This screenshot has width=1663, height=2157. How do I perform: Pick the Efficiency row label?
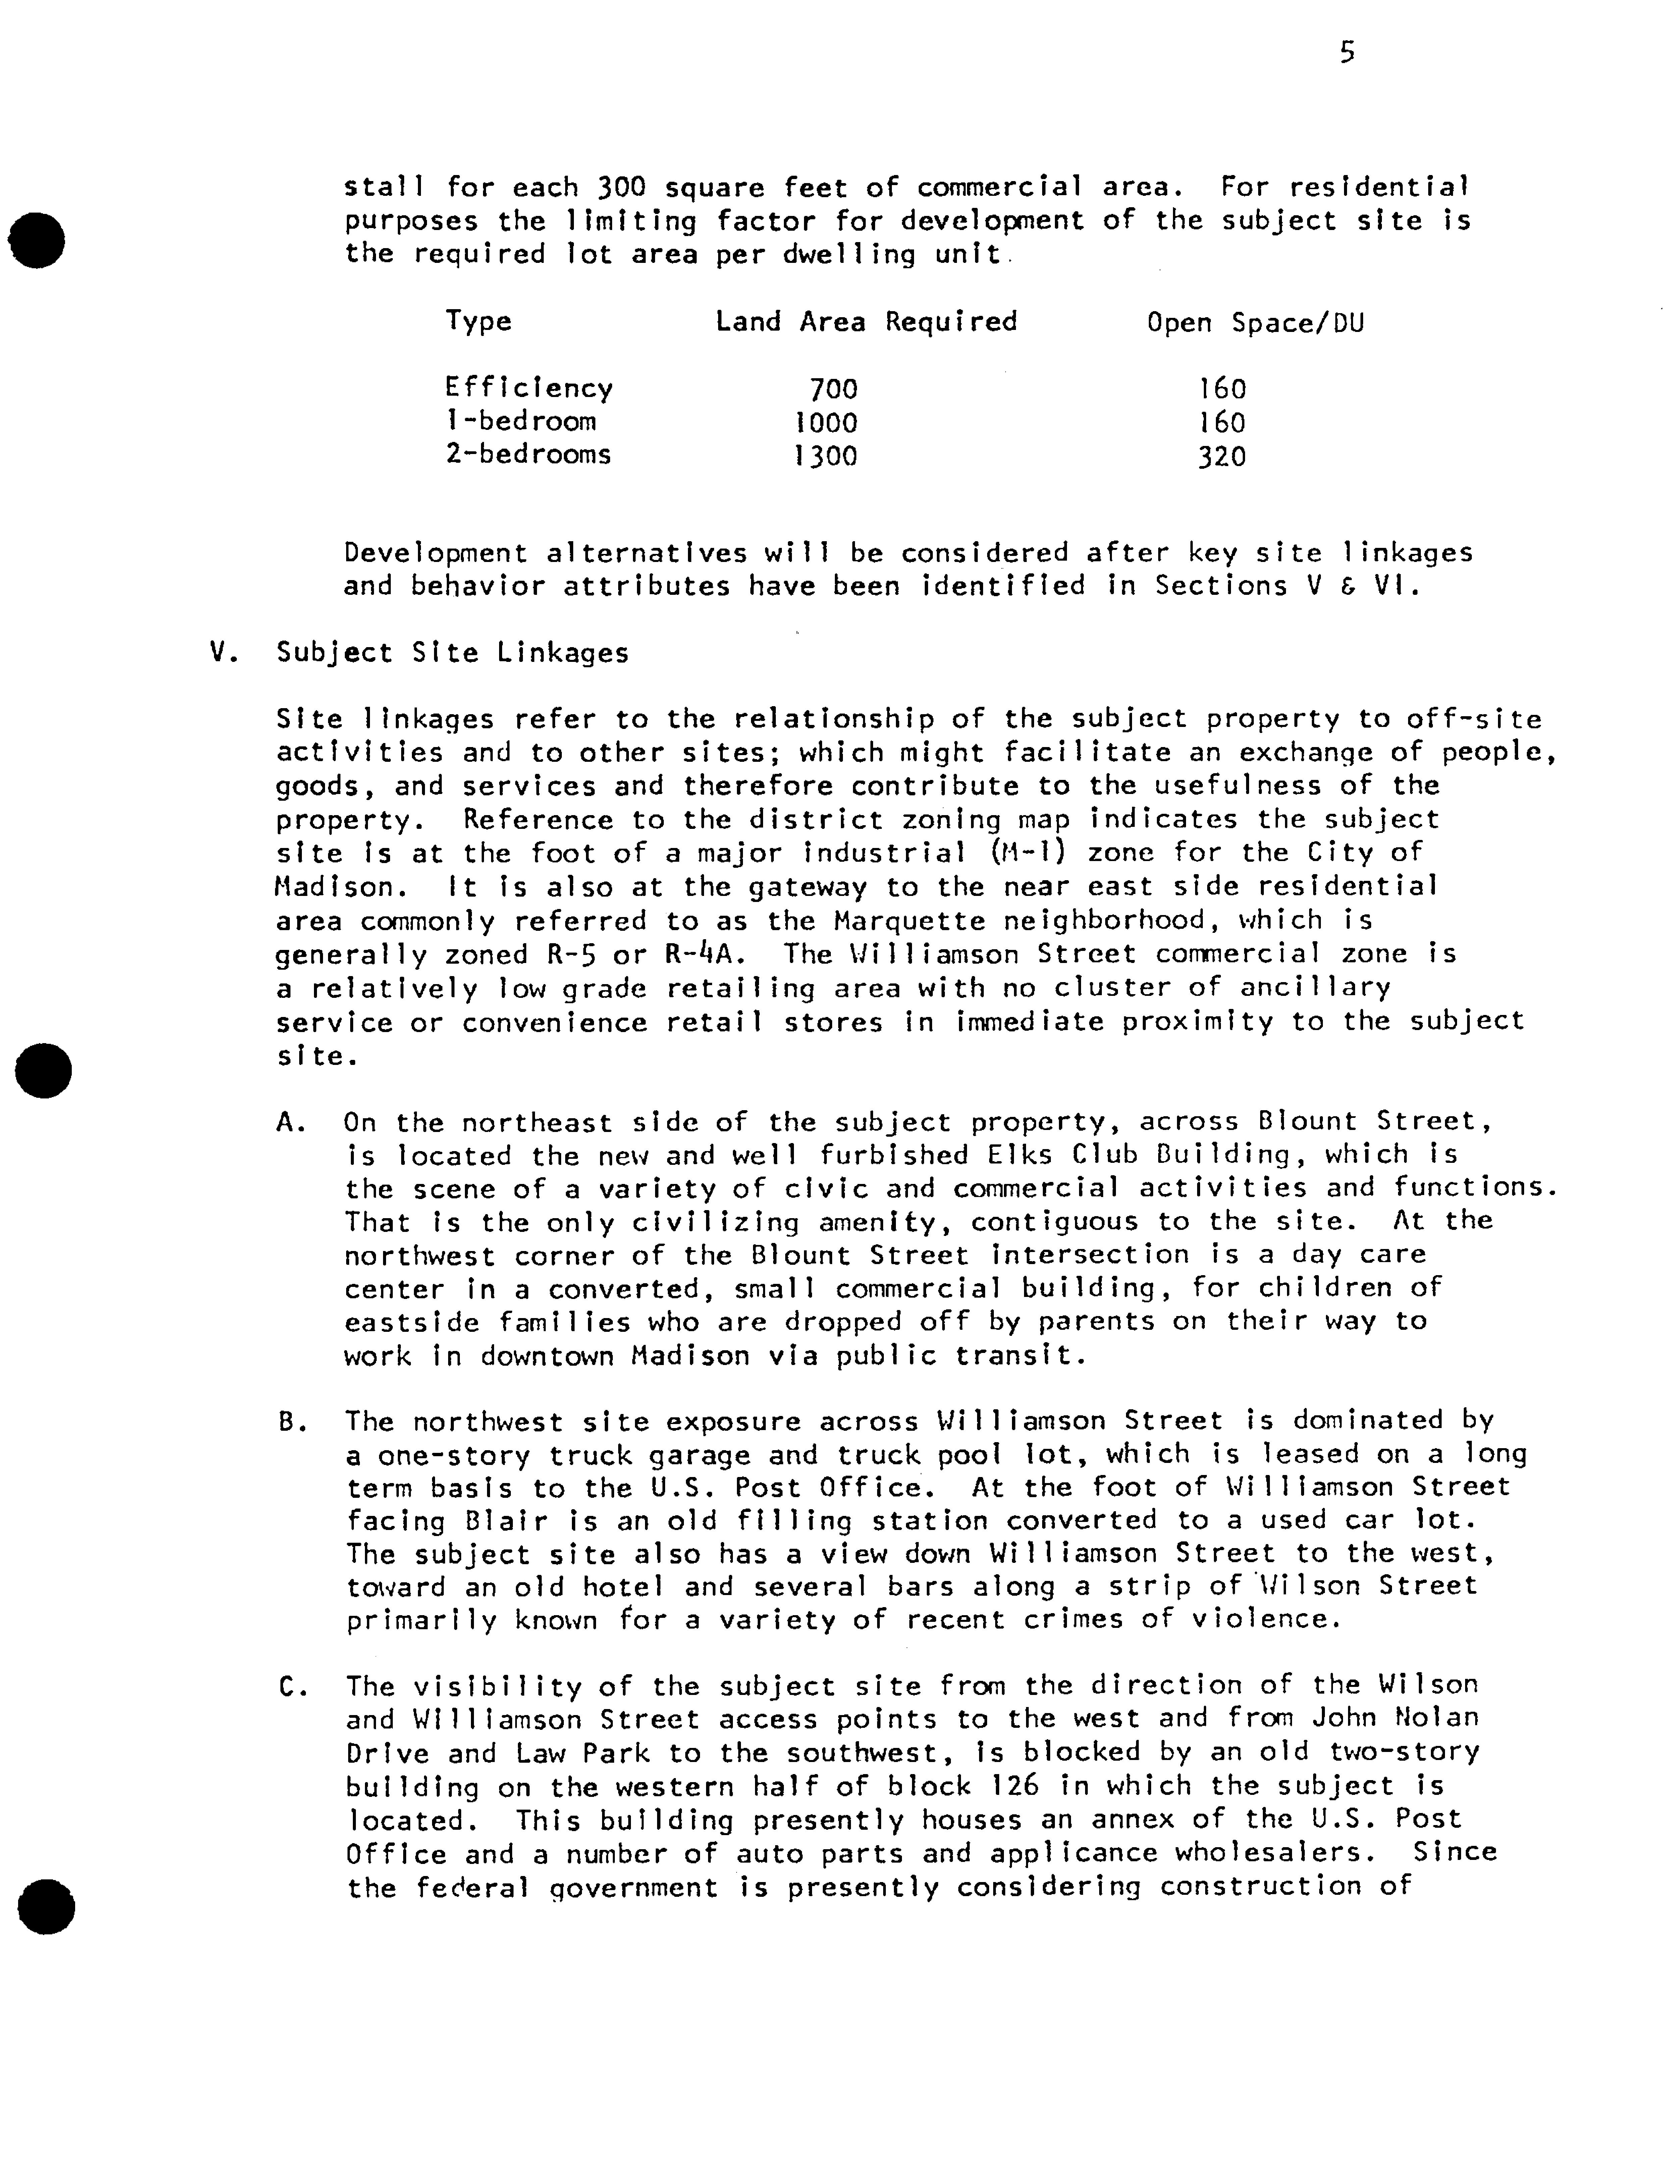point(529,388)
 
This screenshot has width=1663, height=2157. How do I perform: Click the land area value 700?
point(833,389)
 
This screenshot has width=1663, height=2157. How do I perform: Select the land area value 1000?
point(826,423)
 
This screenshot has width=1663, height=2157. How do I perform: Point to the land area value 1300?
point(826,456)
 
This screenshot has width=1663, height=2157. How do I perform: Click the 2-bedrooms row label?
point(528,454)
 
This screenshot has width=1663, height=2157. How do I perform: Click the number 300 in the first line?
point(621,187)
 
